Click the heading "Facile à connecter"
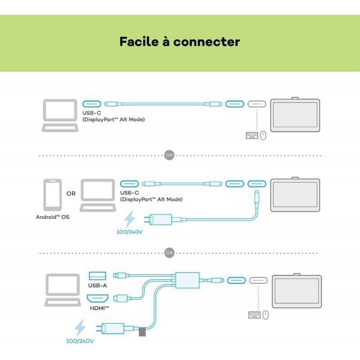click(x=180, y=42)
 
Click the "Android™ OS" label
click(x=52, y=217)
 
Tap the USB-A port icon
click(x=98, y=275)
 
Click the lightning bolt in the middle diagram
click(x=130, y=220)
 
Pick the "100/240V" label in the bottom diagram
click(x=81, y=341)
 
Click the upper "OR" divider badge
click(x=169, y=155)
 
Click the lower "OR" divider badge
click(x=169, y=253)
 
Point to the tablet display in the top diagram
click(x=295, y=116)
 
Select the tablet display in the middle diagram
click(x=295, y=194)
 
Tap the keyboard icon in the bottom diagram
click(x=254, y=315)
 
